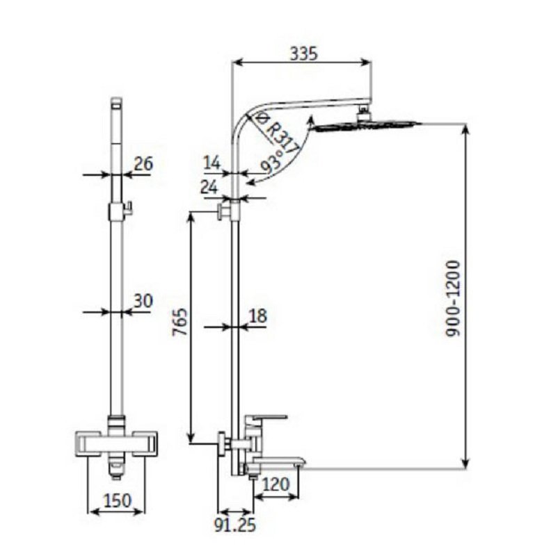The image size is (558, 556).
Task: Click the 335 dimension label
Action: pos(303,54)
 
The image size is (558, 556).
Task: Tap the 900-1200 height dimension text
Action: pos(454,299)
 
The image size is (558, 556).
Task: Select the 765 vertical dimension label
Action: pos(180,322)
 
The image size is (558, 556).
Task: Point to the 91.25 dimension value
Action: pos(235,525)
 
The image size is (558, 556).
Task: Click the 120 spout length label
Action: pos(276,484)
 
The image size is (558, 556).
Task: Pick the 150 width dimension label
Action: pos(118,500)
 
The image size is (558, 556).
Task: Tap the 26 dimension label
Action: pos(143,164)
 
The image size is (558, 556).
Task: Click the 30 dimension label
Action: pos(143,300)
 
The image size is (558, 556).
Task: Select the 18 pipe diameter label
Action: pos(257,316)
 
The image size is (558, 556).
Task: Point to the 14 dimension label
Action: pos(212,163)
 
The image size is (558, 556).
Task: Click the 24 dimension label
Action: pos(209,188)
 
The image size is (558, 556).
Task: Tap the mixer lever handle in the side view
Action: pos(266,418)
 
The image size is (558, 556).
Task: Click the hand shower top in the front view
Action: pos(116,104)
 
